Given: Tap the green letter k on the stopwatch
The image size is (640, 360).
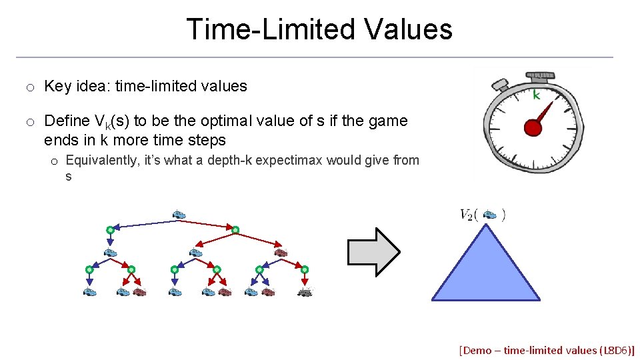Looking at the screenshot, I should click(535, 95).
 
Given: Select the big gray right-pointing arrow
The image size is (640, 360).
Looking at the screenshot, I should click(373, 251).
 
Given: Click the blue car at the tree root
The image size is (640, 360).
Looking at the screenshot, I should click(178, 214).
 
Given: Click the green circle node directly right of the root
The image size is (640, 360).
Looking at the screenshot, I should click(235, 230).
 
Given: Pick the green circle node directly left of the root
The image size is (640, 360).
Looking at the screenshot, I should click(110, 230).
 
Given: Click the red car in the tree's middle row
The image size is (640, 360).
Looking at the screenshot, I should click(281, 253).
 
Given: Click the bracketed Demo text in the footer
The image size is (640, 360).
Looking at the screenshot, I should click(547, 349).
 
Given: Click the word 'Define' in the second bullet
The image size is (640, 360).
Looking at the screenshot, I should click(67, 121).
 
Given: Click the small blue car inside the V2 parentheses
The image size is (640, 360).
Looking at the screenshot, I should click(489, 215).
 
